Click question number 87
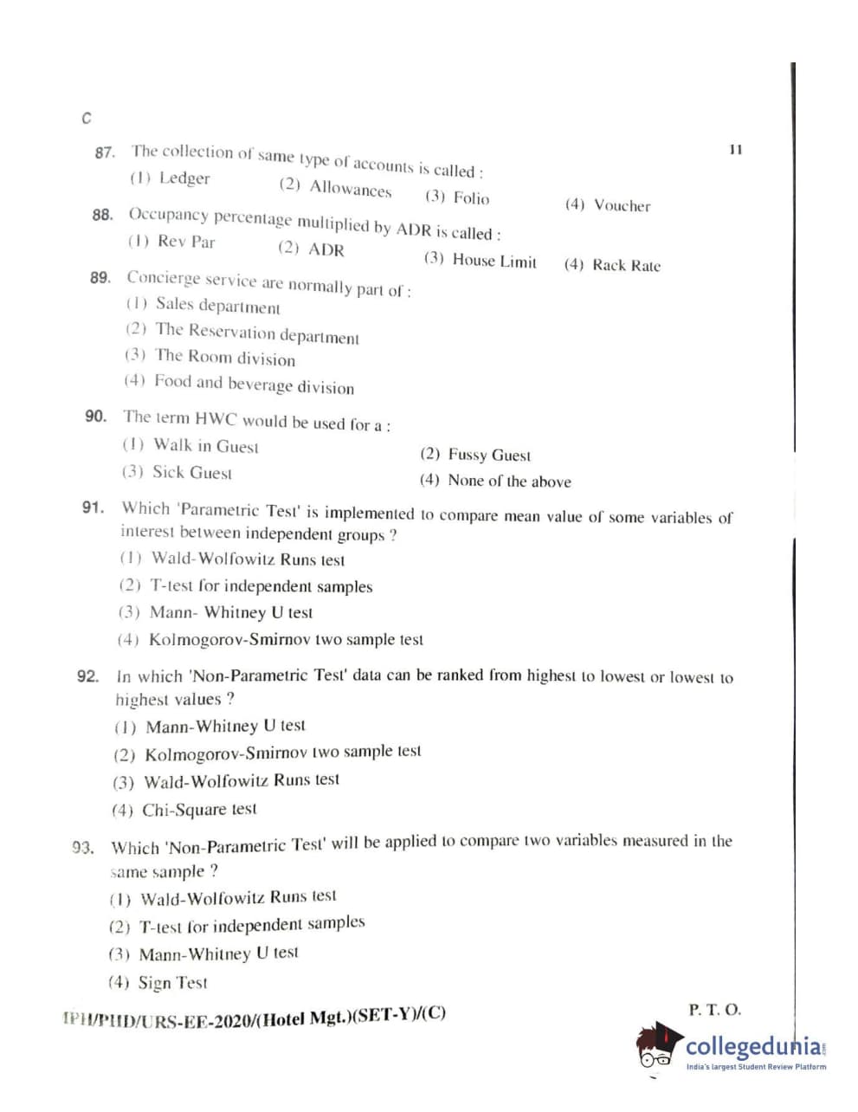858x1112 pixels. click(x=104, y=152)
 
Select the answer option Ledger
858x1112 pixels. click(x=184, y=178)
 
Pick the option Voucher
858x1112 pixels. click(x=622, y=205)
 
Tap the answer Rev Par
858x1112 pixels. click(x=185, y=242)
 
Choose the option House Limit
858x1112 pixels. click(x=494, y=261)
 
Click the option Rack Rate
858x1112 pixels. click(x=625, y=265)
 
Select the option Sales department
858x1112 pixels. click(x=217, y=306)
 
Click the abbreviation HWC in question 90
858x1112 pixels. click(x=216, y=418)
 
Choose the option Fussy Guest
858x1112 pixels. click(x=488, y=455)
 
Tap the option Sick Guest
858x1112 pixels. click(x=191, y=473)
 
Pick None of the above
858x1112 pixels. click(x=509, y=481)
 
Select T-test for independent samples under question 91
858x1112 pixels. click(x=261, y=586)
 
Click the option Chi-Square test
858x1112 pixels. click(x=199, y=810)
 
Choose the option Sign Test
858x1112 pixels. click(x=172, y=983)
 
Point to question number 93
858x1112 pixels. click(x=83, y=847)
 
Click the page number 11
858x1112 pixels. click(x=735, y=149)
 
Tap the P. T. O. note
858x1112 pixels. click(x=714, y=1009)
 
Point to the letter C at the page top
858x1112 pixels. click(x=86, y=118)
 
